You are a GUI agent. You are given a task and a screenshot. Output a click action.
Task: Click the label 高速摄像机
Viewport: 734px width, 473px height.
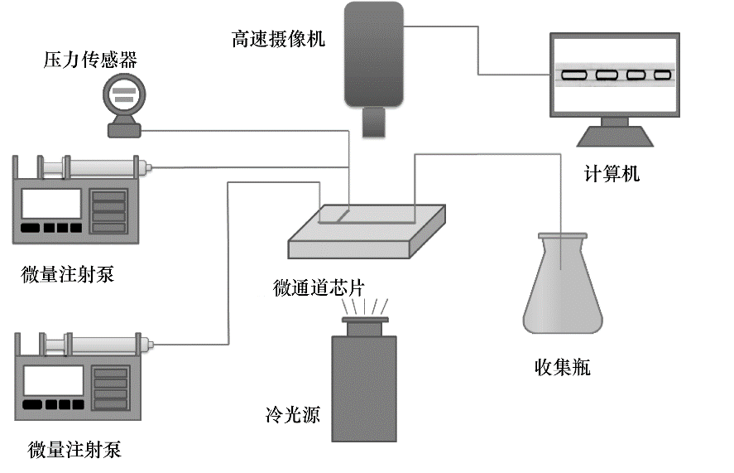(279, 38)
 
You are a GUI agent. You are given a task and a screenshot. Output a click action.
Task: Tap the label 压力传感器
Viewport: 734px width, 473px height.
(91, 59)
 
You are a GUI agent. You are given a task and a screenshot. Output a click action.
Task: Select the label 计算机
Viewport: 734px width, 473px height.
(612, 174)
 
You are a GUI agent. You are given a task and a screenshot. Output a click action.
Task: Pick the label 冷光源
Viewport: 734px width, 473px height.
(293, 413)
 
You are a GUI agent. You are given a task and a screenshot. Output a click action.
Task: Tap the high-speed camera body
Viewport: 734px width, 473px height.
(374, 54)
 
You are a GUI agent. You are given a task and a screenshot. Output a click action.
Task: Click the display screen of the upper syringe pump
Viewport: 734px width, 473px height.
(51, 204)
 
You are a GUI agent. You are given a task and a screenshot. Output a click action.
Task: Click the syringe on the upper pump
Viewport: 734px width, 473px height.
(103, 169)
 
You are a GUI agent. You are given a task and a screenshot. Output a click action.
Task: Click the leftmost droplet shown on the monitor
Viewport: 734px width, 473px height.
(575, 75)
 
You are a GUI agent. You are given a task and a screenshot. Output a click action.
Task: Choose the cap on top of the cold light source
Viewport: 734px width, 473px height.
(364, 319)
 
